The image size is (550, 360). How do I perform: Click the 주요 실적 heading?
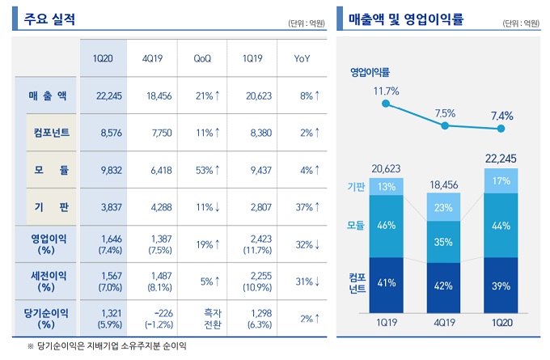tap(51, 19)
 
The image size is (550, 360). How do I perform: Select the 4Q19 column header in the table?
tap(153, 59)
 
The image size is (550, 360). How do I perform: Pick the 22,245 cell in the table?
tap(108, 96)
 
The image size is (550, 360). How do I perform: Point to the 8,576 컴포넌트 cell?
tap(108, 133)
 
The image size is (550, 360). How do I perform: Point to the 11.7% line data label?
tap(387, 91)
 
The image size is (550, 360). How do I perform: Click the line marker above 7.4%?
tap(502, 129)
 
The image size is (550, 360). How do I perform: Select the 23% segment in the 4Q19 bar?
tap(445, 207)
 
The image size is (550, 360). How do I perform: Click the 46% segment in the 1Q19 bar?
tap(387, 226)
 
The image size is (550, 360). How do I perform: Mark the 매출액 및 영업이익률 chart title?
tap(406, 19)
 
